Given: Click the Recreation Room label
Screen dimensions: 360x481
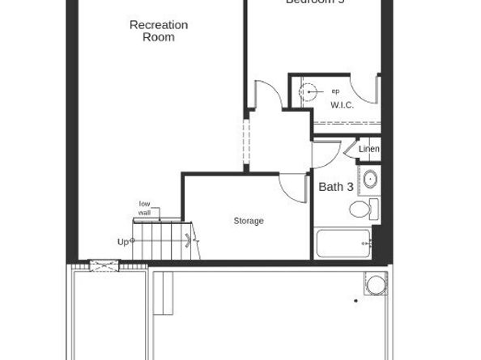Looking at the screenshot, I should pyautogui.click(x=159, y=31).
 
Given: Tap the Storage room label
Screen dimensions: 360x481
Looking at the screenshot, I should pyautogui.click(x=249, y=221).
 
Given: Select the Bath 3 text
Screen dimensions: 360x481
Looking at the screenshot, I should pyautogui.click(x=335, y=187).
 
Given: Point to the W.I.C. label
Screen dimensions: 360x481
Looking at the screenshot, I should pyautogui.click(x=342, y=105).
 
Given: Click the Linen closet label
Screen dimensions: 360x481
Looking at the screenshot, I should pyautogui.click(x=368, y=150).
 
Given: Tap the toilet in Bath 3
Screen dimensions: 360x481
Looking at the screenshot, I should pyautogui.click(x=361, y=210).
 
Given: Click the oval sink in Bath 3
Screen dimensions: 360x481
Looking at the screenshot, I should pyautogui.click(x=369, y=180).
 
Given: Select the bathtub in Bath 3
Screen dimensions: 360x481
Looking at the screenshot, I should pyautogui.click(x=343, y=244).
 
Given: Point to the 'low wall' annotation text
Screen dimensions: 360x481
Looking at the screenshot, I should pyautogui.click(x=145, y=208).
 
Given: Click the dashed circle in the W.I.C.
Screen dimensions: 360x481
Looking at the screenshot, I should pyautogui.click(x=309, y=94).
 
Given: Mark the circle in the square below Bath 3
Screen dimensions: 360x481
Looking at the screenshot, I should pyautogui.click(x=376, y=285).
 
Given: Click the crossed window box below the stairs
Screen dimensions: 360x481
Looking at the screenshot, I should pyautogui.click(x=104, y=265).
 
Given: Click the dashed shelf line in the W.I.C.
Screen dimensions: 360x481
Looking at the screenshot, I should pyautogui.click(x=346, y=123).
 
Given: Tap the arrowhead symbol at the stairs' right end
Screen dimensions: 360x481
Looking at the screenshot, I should pyautogui.click(x=190, y=239).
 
